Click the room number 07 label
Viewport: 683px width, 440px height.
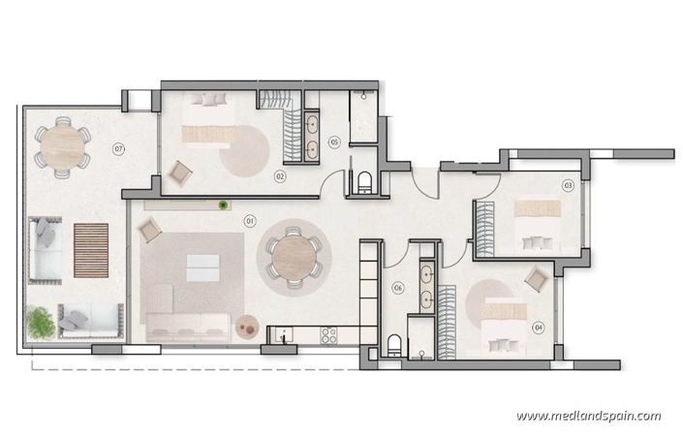coord(118,148)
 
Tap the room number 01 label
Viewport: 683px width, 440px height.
coord(250,221)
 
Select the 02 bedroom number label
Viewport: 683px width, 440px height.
coord(279,176)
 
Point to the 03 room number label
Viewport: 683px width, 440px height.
coord(569,184)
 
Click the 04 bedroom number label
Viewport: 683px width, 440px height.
coord(539,327)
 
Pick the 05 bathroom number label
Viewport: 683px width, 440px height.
coord(334,142)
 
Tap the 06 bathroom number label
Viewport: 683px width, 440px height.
coord(397,287)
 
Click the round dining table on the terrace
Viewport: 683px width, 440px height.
coord(61,147)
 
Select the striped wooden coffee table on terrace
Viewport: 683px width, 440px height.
coord(90,251)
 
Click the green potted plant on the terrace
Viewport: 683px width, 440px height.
coord(41,322)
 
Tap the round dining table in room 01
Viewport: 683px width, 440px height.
coord(293,258)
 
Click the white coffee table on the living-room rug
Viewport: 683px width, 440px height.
coord(202,267)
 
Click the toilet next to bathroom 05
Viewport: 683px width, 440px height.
coord(364,182)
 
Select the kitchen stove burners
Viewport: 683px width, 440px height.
coord(327,336)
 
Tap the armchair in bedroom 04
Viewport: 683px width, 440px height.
coord(536,279)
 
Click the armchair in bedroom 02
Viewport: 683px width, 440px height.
coord(180,173)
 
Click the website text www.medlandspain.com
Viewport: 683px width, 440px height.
coord(589,416)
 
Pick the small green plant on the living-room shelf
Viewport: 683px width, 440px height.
coord(224,204)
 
